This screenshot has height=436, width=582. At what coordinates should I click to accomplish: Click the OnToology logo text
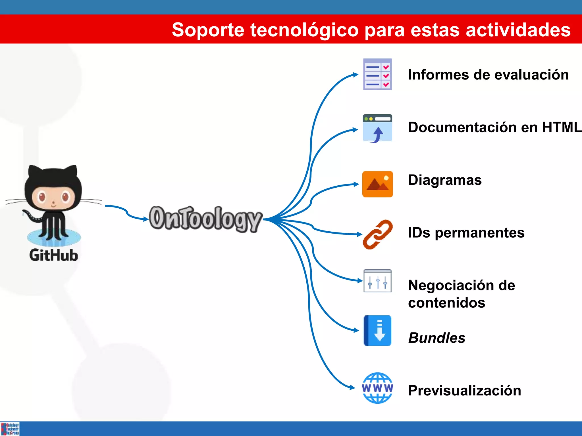click(205, 218)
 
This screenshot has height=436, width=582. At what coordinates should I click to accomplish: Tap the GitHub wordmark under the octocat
click(53, 255)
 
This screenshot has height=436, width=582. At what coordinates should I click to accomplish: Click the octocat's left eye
click(42, 196)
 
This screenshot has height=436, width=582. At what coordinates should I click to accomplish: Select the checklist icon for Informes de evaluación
click(377, 74)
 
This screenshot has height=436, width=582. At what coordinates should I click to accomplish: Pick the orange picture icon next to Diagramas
click(377, 184)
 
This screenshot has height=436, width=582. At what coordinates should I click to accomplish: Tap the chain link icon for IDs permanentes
click(378, 234)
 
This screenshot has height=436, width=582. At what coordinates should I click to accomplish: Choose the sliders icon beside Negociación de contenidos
click(377, 281)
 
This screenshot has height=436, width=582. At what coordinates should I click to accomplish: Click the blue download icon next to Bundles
click(377, 330)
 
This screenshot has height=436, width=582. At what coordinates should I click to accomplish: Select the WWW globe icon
click(377, 388)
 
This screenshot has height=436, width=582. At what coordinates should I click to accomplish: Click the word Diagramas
click(445, 180)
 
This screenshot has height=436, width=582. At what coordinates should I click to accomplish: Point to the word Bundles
click(437, 338)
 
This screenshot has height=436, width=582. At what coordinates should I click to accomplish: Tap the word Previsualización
click(465, 390)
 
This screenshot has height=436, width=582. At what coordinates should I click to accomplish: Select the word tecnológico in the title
click(304, 30)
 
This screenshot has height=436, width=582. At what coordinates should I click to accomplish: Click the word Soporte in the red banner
click(208, 30)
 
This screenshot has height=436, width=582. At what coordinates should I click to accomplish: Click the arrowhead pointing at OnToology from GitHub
click(146, 219)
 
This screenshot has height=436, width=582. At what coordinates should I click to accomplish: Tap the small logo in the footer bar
click(10, 429)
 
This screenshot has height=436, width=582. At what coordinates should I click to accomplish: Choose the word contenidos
click(446, 303)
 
